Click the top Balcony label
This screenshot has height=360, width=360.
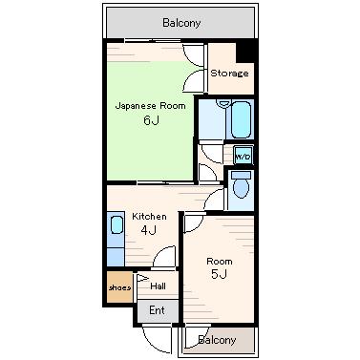click(x=181, y=23)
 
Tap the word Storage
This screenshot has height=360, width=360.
click(x=229, y=74)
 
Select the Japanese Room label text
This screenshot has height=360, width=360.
click(x=150, y=106)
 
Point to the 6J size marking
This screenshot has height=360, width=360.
click(x=151, y=120)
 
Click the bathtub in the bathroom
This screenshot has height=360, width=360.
click(x=241, y=119)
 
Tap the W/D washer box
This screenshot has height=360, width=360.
click(x=244, y=156)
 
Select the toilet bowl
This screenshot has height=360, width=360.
click(x=241, y=189)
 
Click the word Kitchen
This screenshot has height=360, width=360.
click(x=149, y=217)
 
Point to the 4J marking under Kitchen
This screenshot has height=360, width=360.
click(x=149, y=230)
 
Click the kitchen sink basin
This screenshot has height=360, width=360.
click(x=116, y=224)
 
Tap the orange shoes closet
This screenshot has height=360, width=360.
click(x=119, y=287)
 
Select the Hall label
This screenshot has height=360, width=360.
click(x=159, y=286)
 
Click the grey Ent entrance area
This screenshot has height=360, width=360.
click(x=158, y=310)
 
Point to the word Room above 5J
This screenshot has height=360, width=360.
click(x=220, y=262)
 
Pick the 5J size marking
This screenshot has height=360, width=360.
click(x=220, y=274)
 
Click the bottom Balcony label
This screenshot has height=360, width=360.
click(x=217, y=340)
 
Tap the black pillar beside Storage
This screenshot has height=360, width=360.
click(x=246, y=51)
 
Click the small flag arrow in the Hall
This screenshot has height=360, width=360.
click(x=142, y=278)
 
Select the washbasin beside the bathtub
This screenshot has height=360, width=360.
click(x=223, y=103)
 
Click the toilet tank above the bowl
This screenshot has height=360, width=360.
click(x=241, y=175)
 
